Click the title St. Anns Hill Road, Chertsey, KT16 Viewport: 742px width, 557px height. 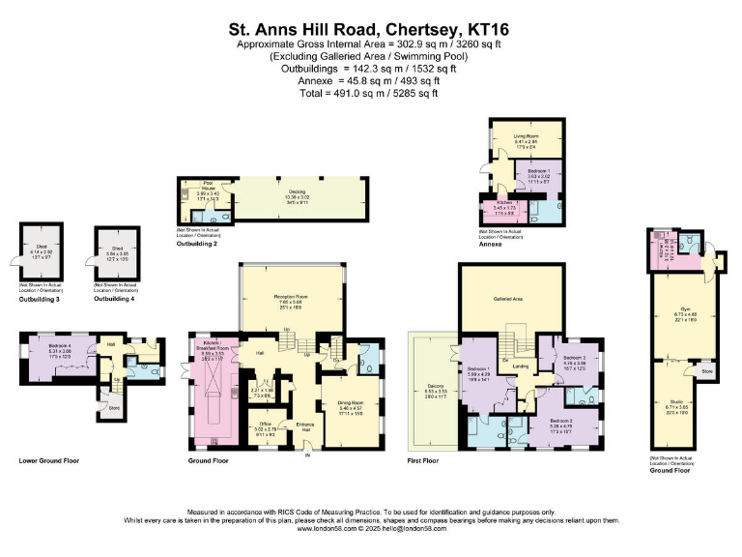click(371, 29)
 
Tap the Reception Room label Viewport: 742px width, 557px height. click(291, 296)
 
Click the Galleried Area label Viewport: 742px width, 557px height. click(510, 301)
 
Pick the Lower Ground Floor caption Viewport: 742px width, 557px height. click(46, 461)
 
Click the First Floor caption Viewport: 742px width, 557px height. click(423, 461)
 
